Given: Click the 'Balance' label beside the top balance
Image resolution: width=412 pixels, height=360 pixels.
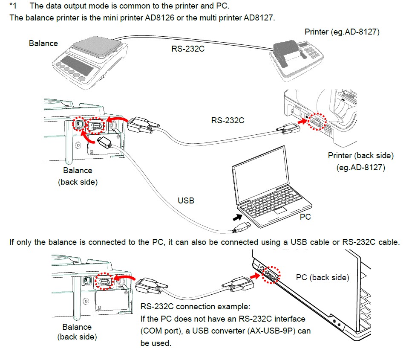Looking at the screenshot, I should [x=43, y=43].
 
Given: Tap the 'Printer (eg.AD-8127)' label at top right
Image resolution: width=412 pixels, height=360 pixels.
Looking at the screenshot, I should [x=342, y=32].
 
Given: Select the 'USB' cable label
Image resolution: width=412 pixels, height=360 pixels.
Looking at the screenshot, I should [x=186, y=200].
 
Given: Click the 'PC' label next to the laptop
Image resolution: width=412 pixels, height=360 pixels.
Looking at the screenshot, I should [x=305, y=217].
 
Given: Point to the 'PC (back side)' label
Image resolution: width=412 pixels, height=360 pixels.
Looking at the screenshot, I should [x=322, y=277].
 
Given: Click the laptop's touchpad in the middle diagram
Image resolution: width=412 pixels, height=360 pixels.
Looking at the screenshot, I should [x=280, y=210].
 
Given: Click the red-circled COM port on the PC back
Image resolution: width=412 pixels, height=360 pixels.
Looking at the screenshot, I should [x=271, y=274].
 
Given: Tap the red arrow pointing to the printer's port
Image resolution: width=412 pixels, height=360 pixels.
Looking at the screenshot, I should [x=302, y=122].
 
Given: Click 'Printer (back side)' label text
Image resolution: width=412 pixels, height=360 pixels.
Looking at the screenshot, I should [x=360, y=155].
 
